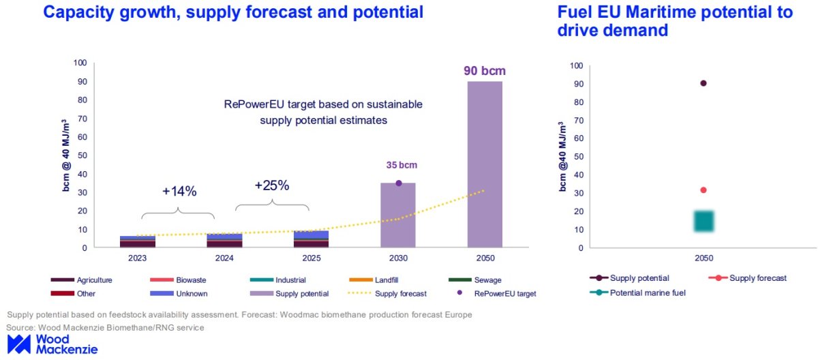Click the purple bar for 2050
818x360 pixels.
485,164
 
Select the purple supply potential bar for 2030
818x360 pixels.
398,215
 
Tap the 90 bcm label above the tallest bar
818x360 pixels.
485,70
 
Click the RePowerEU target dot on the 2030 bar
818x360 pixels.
399,183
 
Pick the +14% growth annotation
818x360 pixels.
179,192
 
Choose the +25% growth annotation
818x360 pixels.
272,185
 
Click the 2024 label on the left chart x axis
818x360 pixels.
224,258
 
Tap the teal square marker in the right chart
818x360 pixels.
703,221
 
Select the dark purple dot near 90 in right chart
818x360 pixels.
703,83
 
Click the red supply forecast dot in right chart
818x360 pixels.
703,190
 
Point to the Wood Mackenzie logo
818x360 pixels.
52,344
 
